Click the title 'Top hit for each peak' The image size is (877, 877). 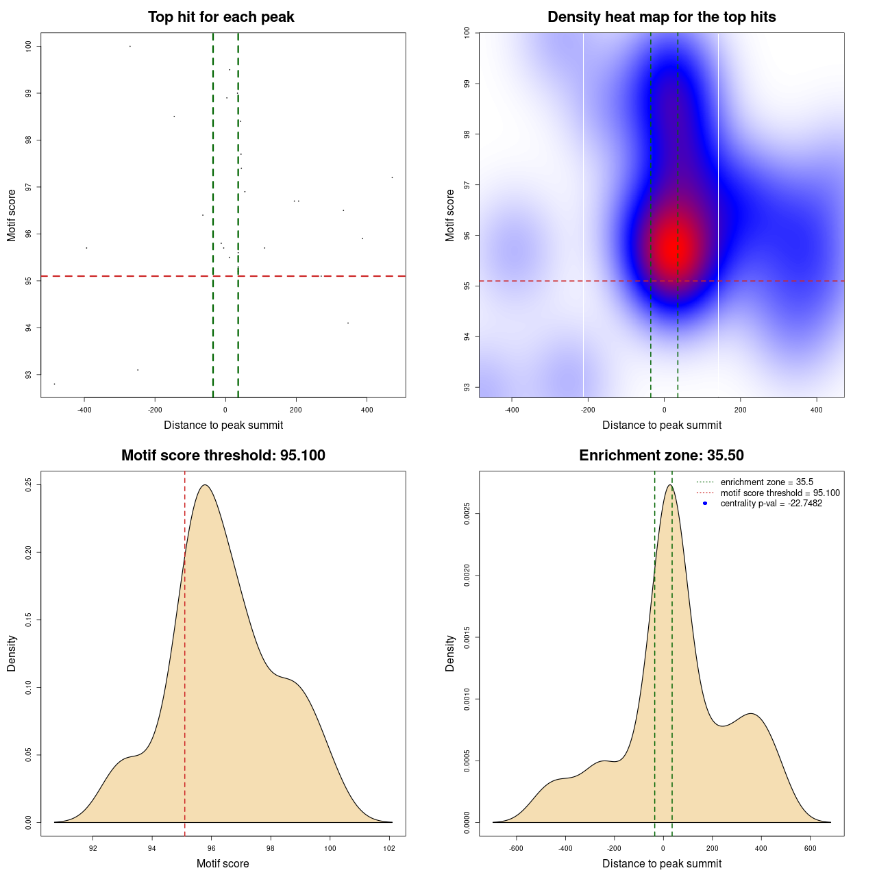pos(221,17)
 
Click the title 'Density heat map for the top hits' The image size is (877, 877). pos(661,17)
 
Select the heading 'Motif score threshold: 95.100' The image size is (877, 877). pos(223,456)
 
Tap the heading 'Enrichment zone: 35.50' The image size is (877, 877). pos(661,456)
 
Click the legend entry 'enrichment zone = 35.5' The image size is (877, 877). pos(767,482)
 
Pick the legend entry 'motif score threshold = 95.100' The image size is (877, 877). pos(780,493)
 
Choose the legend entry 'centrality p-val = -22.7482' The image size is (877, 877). pos(771,504)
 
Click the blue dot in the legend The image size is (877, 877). pos(705,504)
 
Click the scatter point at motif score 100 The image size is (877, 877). pos(130,46)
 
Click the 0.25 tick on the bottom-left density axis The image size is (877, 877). pos(28,485)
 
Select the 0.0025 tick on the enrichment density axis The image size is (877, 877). pos(467,514)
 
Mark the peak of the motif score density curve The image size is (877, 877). pos(204,485)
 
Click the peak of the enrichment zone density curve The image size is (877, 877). pos(669,485)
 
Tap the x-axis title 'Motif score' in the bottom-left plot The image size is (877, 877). pos(223,864)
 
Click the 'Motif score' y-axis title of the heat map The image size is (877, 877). pos(450,215)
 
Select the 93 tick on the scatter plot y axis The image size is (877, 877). pos(28,375)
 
